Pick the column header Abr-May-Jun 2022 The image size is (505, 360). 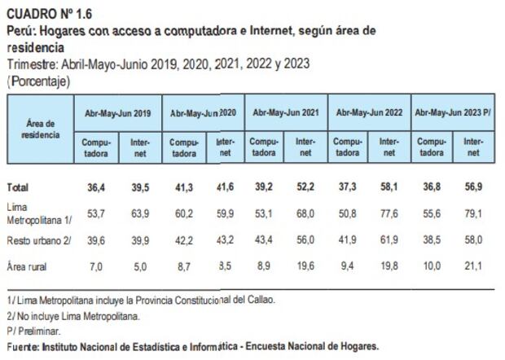[368, 113]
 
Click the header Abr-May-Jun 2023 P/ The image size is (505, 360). [452, 113]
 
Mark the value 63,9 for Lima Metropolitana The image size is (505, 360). [140, 215]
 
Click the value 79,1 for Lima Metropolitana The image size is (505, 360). [472, 215]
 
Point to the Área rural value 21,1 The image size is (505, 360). [472, 266]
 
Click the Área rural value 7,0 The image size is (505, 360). [99, 266]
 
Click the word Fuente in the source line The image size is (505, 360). [24, 346]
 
